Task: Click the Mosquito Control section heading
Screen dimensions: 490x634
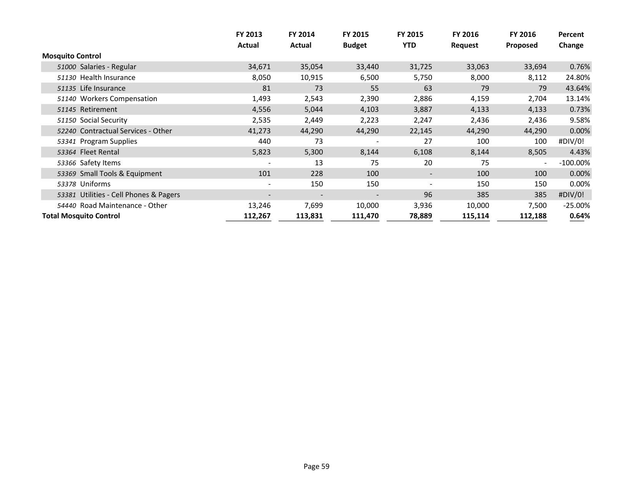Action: tap(71, 56)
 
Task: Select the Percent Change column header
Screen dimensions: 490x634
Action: tap(571, 40)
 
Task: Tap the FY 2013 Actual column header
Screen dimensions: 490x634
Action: tap(249, 40)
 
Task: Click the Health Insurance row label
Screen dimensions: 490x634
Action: tap(108, 77)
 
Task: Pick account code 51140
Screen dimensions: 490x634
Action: tap(66, 99)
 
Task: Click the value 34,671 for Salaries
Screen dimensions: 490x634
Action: tap(259, 66)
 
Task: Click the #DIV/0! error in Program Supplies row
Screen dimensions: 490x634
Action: tap(571, 141)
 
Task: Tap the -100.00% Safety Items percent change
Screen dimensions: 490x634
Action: tap(574, 163)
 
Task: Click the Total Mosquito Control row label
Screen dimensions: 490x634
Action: tap(81, 216)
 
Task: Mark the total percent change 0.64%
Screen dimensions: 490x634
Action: tap(579, 216)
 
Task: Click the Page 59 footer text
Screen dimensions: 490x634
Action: tap(316, 466)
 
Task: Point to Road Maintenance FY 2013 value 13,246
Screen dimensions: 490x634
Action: tap(259, 205)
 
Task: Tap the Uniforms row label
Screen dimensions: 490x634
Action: tap(95, 184)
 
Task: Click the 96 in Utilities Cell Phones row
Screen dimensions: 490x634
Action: tap(428, 194)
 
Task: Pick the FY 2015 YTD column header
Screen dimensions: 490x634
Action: tap(410, 40)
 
